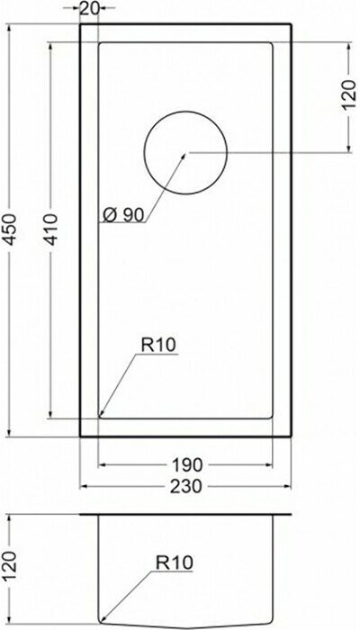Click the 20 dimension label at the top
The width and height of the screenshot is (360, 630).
tap(89, 8)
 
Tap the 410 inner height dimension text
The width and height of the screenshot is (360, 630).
tap(51, 229)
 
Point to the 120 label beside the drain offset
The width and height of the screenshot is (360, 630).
tap(348, 96)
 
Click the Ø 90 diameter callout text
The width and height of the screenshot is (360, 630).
tap(123, 216)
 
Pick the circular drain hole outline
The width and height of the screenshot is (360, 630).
tap(185, 111)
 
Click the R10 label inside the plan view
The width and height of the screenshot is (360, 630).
tap(158, 345)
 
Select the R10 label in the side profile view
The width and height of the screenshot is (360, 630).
tap(175, 562)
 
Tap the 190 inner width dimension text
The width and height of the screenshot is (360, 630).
tap(187, 465)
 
